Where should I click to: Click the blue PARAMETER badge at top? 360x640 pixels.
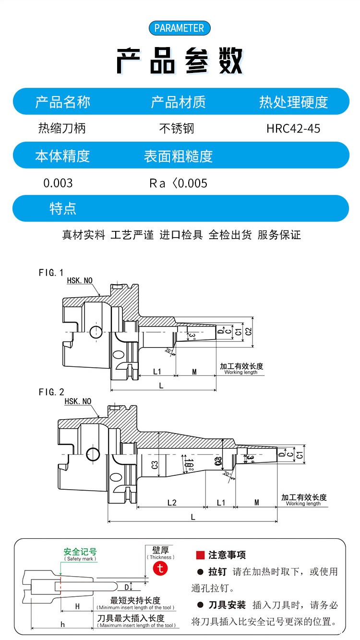click(180, 28)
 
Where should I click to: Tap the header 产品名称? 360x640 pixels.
click(62, 102)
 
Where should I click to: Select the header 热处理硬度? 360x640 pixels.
click(293, 102)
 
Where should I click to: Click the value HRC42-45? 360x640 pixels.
click(293, 129)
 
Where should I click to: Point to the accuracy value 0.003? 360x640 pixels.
click(58, 183)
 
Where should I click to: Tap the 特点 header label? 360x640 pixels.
click(63, 208)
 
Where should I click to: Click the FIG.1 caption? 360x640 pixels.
click(51, 273)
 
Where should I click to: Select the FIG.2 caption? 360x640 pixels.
click(51, 392)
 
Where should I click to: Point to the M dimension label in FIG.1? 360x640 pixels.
click(194, 372)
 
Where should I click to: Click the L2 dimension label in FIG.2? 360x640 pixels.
click(171, 503)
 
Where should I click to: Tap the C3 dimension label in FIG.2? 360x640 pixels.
click(155, 464)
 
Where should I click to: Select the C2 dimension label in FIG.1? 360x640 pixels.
click(248, 331)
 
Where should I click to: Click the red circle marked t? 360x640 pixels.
click(160, 568)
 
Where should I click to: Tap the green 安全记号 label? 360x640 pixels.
click(80, 552)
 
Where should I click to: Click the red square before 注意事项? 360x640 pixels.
click(200, 555)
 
